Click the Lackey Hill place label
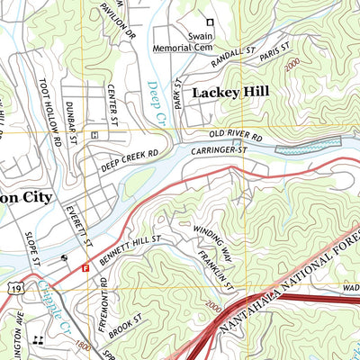pos(229,92)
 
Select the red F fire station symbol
pos(85,267)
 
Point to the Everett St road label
pos(79,224)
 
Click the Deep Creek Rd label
pos(130,159)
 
